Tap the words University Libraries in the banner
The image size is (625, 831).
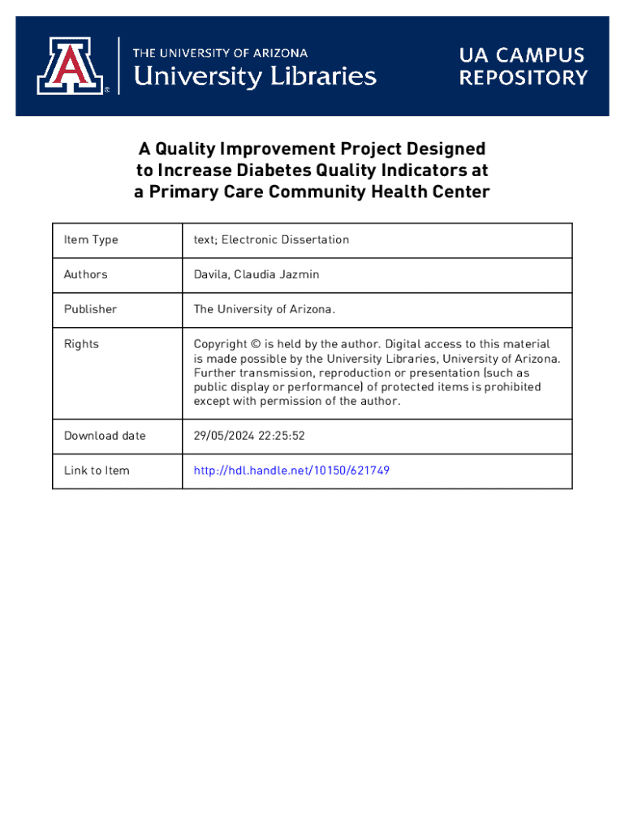click(254, 77)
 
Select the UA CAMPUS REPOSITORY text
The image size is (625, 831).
click(523, 67)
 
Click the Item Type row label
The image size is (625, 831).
click(91, 239)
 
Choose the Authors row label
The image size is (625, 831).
click(85, 274)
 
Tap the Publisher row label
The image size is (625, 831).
click(90, 309)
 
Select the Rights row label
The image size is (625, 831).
click(81, 344)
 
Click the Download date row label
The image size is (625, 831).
click(105, 436)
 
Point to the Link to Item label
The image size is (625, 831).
click(97, 471)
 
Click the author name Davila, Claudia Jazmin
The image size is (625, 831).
click(256, 274)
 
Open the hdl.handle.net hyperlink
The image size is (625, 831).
click(291, 471)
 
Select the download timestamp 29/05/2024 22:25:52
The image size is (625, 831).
click(249, 436)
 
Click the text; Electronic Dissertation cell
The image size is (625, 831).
click(271, 239)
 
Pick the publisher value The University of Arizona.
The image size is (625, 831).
click(264, 309)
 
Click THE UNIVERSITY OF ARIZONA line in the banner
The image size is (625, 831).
click(220, 53)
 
